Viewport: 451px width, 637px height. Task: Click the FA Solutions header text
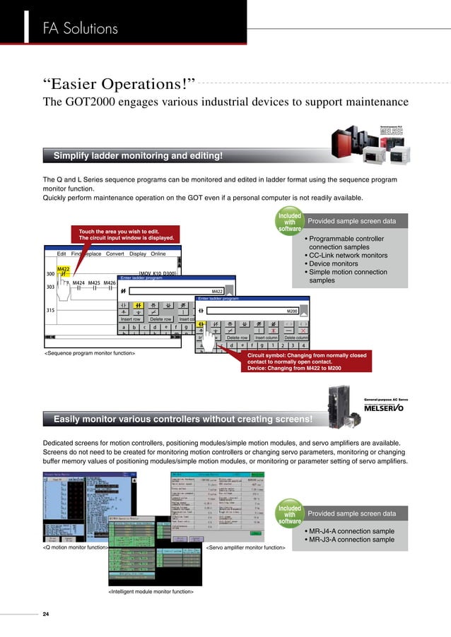pos(80,29)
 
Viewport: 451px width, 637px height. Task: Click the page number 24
pos(47,613)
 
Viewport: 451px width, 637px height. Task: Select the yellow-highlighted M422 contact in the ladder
pos(63,273)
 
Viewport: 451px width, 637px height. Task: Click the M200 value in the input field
pos(292,311)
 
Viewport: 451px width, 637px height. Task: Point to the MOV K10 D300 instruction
pos(157,273)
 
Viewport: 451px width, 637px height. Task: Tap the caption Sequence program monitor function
pos(90,352)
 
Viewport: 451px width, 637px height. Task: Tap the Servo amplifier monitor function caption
pos(245,547)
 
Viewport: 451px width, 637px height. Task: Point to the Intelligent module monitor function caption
pos(151,591)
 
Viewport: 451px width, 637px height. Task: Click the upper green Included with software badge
pos(290,221)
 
